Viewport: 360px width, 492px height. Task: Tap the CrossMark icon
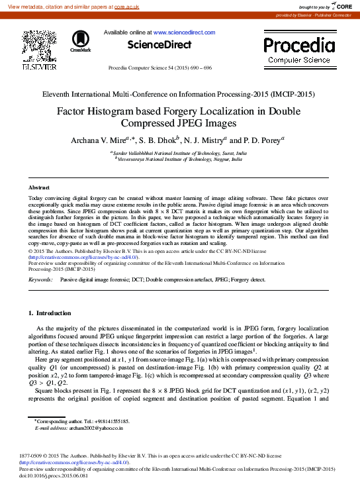coord(81,41)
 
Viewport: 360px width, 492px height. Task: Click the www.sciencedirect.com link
coord(184,32)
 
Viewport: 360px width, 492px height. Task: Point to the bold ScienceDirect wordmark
coord(159,44)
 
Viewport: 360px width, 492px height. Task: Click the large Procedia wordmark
coord(298,46)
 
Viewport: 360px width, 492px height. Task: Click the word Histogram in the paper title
coord(122,112)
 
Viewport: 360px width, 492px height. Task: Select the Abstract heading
coord(39,189)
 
